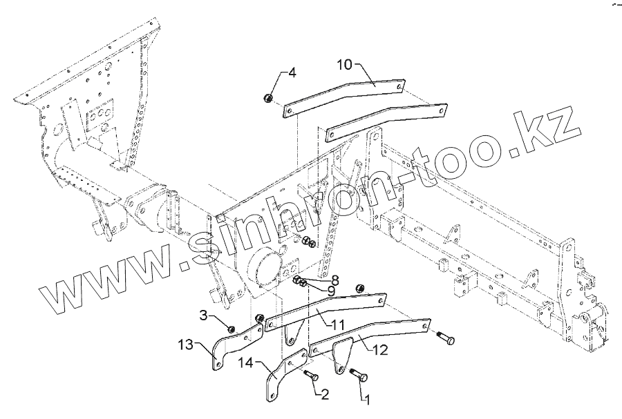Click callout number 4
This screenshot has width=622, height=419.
tap(292, 72)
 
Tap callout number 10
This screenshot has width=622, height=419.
tap(345, 64)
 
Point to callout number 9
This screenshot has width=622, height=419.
tap(331, 291)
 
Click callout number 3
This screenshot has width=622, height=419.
tap(203, 316)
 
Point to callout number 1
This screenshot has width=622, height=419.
tap(368, 399)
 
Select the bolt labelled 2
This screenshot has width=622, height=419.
tap(310, 376)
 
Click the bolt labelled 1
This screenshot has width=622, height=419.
tap(359, 376)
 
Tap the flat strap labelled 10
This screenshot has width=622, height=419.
tap(346, 97)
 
